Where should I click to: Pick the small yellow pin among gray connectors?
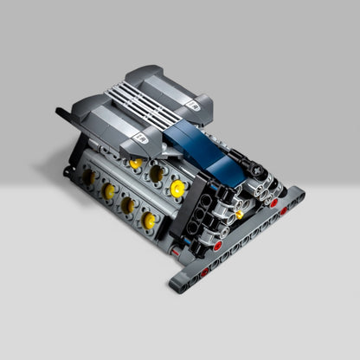point(239,214)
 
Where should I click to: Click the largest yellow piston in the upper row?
point(177,188)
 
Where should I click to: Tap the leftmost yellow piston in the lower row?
point(88,176)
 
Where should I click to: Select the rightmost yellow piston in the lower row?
point(149,222)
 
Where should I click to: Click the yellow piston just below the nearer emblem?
point(136,163)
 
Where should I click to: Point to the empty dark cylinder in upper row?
point(157,174)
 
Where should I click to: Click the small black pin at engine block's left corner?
point(67,170)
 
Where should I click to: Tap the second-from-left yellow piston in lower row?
point(108,190)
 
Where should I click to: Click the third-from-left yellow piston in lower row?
point(128,205)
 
